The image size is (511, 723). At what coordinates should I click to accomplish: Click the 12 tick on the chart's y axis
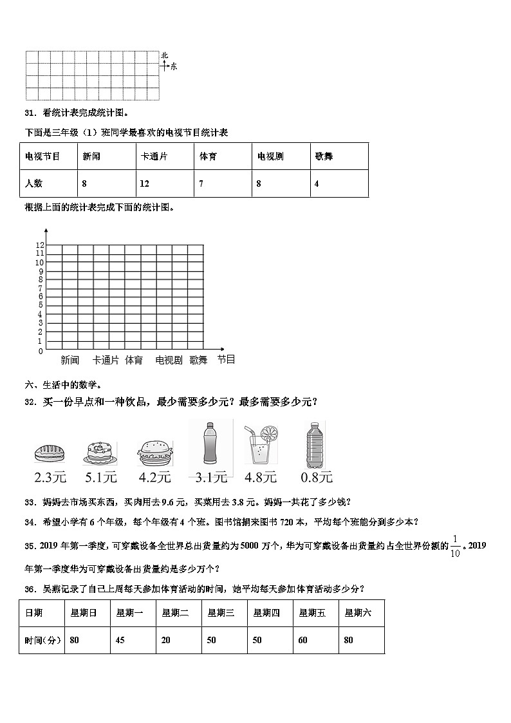(x=39, y=245)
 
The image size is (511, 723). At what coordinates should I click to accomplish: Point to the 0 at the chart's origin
(x=40, y=351)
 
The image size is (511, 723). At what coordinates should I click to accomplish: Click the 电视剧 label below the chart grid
(x=169, y=361)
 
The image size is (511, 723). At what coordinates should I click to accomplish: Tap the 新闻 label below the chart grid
(x=70, y=361)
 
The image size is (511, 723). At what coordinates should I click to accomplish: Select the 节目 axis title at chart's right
(x=226, y=359)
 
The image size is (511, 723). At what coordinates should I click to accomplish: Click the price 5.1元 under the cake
(x=101, y=477)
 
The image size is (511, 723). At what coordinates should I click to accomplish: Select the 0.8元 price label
(x=317, y=477)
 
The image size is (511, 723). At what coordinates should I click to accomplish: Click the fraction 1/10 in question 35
(x=456, y=546)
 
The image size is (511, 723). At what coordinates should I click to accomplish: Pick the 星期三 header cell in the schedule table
(x=221, y=613)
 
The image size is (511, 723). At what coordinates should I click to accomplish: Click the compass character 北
(x=164, y=56)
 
